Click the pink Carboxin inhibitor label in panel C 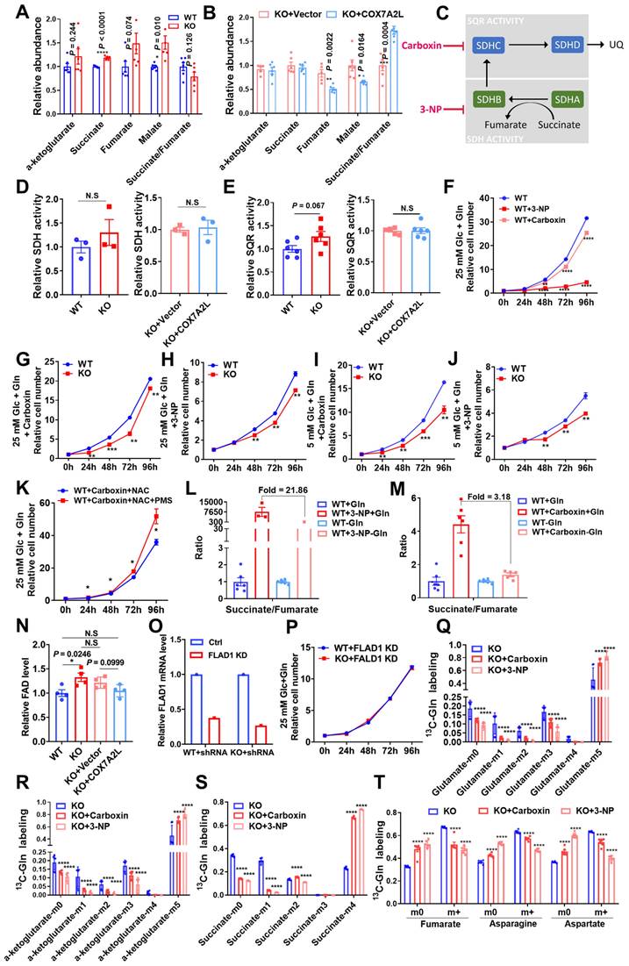tap(432, 42)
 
